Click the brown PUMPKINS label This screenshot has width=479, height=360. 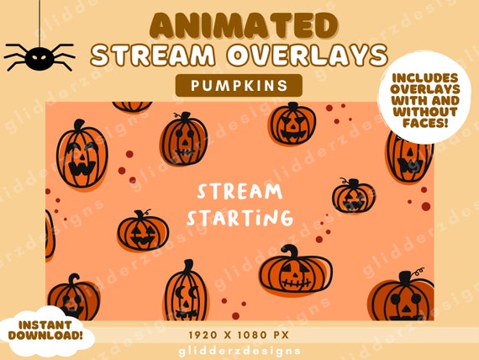(239, 85)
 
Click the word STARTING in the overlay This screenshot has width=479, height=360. (239, 219)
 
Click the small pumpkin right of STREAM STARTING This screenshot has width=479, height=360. (352, 196)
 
